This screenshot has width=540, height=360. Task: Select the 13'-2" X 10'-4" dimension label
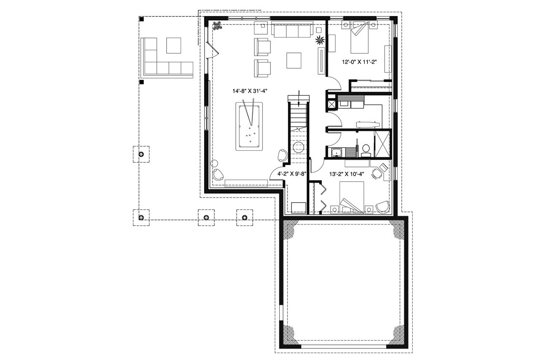(x=347, y=173)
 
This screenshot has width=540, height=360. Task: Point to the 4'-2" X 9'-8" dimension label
(x=291, y=173)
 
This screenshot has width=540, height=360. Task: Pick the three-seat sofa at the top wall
(x=292, y=30)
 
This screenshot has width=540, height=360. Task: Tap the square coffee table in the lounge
(x=294, y=60)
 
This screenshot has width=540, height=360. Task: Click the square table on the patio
(x=173, y=46)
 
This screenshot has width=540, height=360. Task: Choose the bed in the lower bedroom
(x=351, y=197)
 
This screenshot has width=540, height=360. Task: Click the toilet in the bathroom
(x=366, y=149)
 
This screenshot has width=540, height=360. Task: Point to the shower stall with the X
(x=383, y=144)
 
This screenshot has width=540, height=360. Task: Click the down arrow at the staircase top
(x=299, y=97)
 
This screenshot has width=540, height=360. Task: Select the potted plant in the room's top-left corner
(x=218, y=26)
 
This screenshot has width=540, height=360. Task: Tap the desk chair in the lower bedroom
(x=375, y=172)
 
